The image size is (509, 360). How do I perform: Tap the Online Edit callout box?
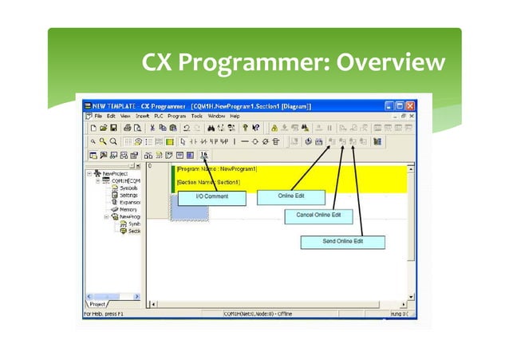[290, 196]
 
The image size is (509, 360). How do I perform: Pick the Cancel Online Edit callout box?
[318, 216]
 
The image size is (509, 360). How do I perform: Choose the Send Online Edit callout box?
[343, 241]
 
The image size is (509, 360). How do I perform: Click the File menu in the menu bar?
[99, 117]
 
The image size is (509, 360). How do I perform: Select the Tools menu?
[195, 117]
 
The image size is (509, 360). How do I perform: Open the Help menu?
[235, 117]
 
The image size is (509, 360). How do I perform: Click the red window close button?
[411, 105]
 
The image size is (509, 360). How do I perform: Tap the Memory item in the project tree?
[128, 209]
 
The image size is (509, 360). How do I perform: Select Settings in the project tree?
[128, 195]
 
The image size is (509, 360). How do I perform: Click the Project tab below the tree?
[98, 304]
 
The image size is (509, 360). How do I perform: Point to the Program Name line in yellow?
[216, 170]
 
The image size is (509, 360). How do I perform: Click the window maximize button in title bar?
[400, 105]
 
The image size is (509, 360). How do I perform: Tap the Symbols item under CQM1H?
[128, 188]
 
